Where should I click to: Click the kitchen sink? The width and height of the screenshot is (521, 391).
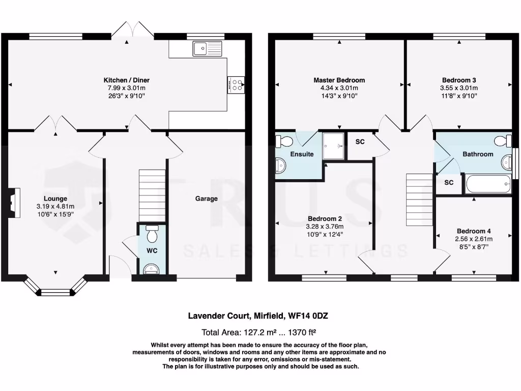pyautogui.click(x=207, y=48)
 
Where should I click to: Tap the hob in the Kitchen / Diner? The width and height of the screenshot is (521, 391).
pyautogui.click(x=236, y=85)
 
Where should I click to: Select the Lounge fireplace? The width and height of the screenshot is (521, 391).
pyautogui.click(x=13, y=203)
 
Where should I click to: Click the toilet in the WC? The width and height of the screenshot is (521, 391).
pyautogui.click(x=152, y=233)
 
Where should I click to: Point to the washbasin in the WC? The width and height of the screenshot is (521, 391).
pyautogui.click(x=152, y=269)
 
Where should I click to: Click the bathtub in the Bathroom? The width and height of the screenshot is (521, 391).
pyautogui.click(x=488, y=184)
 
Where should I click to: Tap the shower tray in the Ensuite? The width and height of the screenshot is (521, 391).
pyautogui.click(x=333, y=146)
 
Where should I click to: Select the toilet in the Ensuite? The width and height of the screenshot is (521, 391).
pyautogui.click(x=283, y=142)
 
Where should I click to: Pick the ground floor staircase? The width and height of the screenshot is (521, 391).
pyautogui.click(x=152, y=195)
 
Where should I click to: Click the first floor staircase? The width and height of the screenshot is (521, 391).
pyautogui.click(x=419, y=200)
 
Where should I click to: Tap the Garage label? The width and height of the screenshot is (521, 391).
pyautogui.click(x=207, y=199)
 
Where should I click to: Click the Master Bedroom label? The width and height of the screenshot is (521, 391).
pyautogui.click(x=339, y=80)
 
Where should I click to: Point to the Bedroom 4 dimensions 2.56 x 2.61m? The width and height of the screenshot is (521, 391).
pyautogui.click(x=474, y=239)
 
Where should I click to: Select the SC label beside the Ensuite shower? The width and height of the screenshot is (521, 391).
pyautogui.click(x=360, y=142)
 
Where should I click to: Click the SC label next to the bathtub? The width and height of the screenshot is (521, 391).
pyautogui.click(x=449, y=183)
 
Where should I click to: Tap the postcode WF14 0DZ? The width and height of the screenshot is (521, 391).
pyautogui.click(x=308, y=316)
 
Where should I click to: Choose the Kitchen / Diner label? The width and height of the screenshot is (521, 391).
pyautogui.click(x=127, y=80)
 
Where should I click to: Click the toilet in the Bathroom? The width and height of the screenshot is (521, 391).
pyautogui.click(x=503, y=141)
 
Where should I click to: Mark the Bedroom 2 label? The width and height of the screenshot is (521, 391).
pyautogui.click(x=325, y=218)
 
